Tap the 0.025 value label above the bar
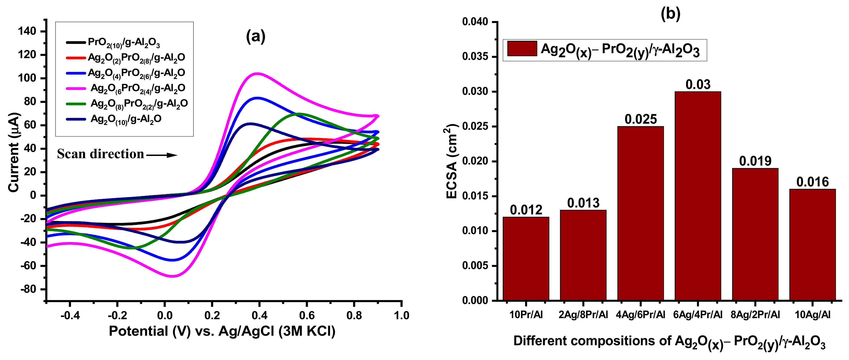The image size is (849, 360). point(640,119)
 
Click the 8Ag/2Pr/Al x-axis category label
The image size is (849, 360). point(755,315)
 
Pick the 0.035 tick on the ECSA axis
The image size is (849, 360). point(475,57)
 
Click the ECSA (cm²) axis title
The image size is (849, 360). point(451,161)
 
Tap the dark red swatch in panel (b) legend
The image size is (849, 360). point(522,48)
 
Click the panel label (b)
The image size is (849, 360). point(671,14)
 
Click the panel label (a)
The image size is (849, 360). point(255,36)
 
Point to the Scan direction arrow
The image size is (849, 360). point(162,155)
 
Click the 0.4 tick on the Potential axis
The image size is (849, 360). point(259,316)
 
